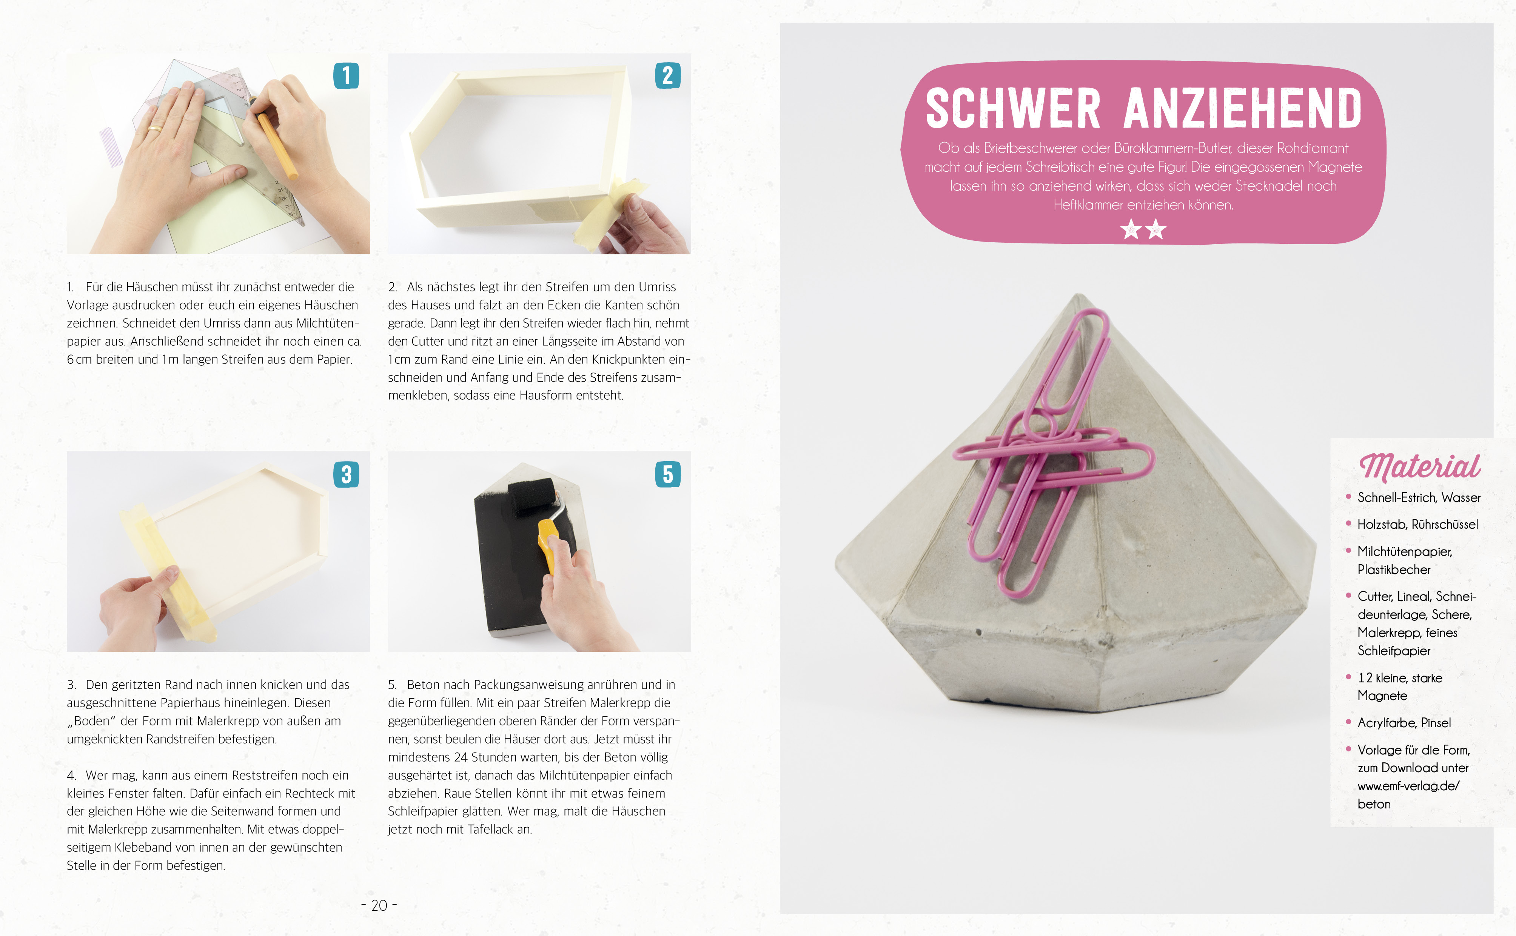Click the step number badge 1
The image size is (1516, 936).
[346, 75]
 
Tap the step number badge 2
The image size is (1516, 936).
[667, 75]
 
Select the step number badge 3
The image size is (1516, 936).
[346, 474]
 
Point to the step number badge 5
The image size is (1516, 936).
[667, 474]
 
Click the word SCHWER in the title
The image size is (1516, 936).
[1013, 108]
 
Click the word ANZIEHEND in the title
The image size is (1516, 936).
[1243, 108]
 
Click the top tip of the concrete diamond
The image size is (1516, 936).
[1078, 295]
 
